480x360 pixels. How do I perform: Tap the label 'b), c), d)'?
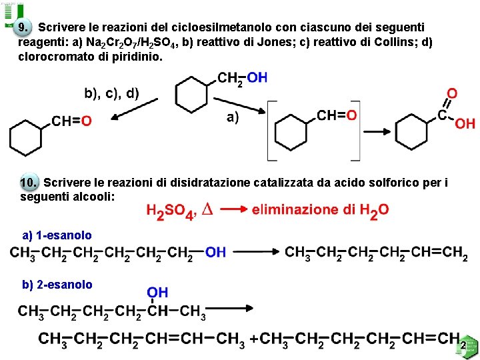[111, 93]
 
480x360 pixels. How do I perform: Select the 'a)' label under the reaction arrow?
[234, 118]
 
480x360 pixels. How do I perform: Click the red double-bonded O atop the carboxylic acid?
[452, 94]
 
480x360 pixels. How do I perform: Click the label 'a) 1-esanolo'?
[57, 235]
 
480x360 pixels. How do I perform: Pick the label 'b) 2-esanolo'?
[57, 285]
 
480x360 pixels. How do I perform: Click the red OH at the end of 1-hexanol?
[215, 252]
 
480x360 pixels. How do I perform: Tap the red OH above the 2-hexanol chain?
[157, 293]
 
